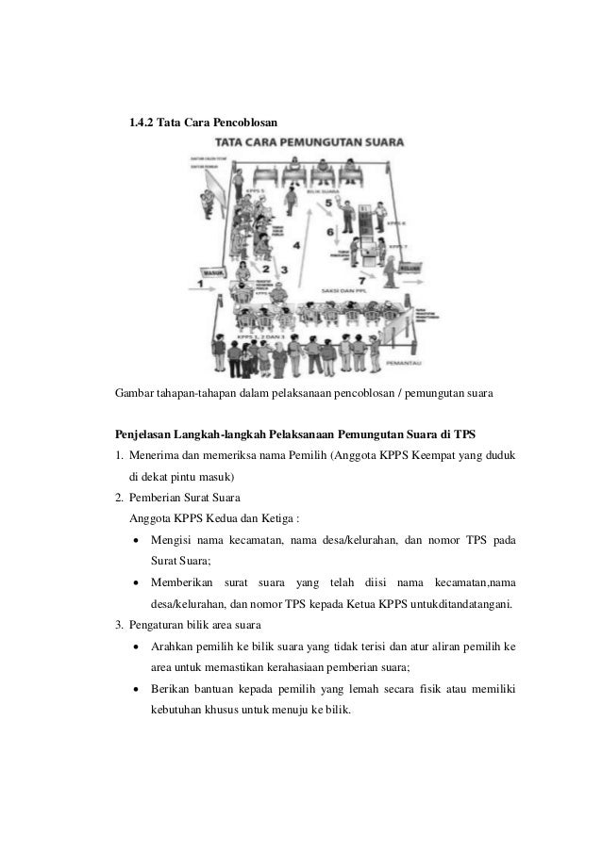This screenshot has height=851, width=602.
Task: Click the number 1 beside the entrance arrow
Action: pyautogui.click(x=200, y=281)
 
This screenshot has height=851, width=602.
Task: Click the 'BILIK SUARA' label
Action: pyautogui.click(x=326, y=189)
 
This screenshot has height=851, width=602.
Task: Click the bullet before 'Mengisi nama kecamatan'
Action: pyautogui.click(x=139, y=541)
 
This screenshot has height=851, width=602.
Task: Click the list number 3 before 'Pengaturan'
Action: pyautogui.click(x=119, y=625)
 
